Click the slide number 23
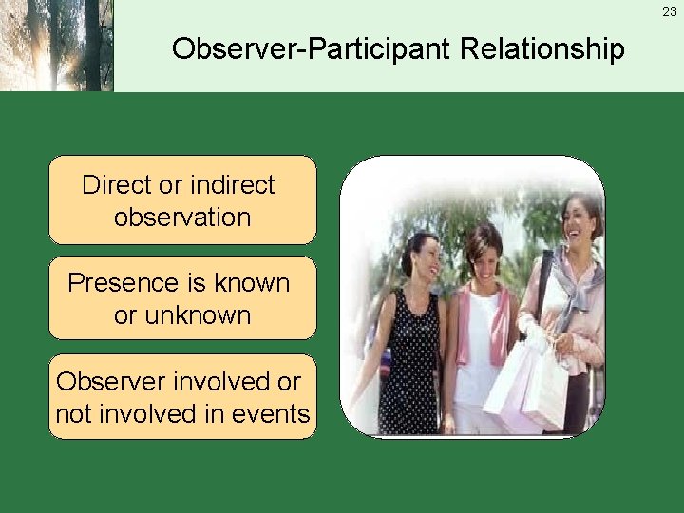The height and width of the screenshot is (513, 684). [x=670, y=12]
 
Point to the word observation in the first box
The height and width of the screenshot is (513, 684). [x=181, y=217]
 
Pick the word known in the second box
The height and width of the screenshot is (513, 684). [x=251, y=283]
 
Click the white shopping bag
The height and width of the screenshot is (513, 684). [x=528, y=385]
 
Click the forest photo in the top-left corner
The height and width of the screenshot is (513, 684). [x=57, y=46]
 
